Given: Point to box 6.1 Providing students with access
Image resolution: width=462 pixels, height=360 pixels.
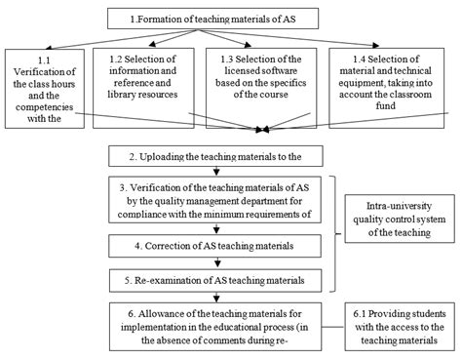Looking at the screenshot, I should coord(399,328).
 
